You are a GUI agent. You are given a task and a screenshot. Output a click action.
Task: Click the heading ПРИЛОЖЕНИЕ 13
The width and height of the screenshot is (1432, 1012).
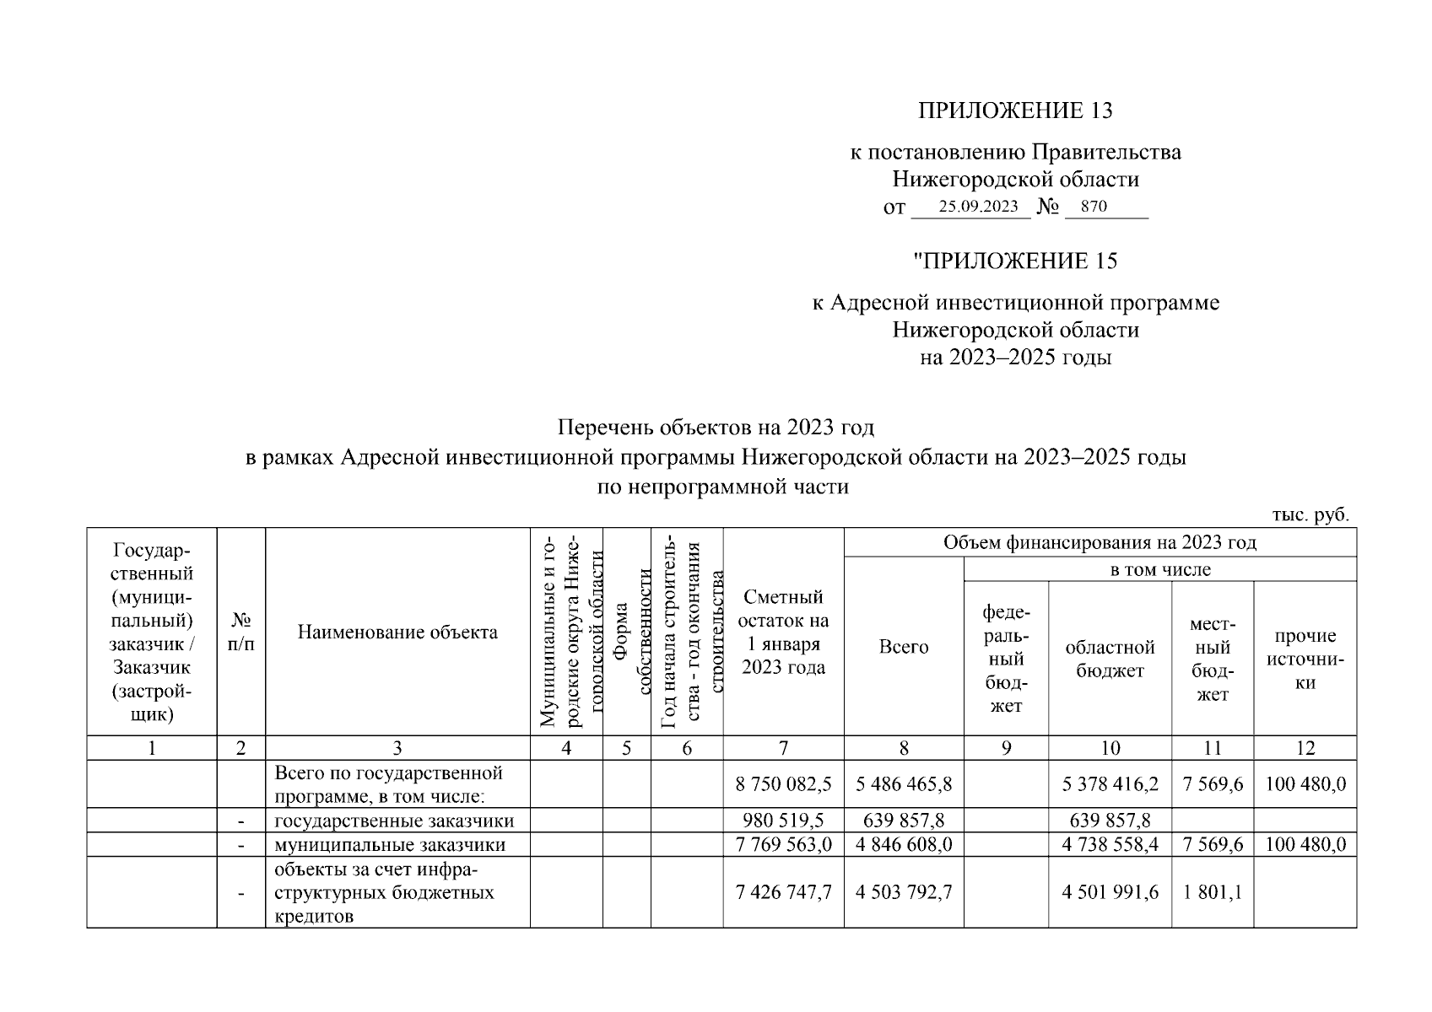click(1015, 110)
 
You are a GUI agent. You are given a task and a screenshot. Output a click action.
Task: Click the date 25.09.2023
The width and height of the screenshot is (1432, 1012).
click(979, 207)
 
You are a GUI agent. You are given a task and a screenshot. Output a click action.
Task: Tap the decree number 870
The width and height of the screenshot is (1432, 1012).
click(1093, 207)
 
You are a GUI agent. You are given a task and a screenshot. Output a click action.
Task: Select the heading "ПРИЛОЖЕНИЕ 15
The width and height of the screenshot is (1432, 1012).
click(1015, 261)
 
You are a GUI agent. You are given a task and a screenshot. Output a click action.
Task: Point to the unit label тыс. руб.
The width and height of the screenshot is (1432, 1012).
click(1310, 515)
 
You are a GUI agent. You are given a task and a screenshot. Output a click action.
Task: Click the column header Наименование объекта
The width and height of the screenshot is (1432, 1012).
click(397, 632)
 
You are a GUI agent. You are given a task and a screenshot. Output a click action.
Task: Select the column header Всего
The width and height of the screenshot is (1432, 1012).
click(903, 647)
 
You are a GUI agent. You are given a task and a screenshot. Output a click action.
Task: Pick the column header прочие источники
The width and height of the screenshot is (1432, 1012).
click(1305, 659)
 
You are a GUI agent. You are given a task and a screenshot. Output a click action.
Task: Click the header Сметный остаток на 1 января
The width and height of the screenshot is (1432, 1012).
click(783, 632)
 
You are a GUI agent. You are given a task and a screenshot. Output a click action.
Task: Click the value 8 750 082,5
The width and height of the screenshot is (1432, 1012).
click(783, 784)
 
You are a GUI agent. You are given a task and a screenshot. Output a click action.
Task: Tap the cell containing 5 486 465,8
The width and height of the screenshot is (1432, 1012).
click(903, 784)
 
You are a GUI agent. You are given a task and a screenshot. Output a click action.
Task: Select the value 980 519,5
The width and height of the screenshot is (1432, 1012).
click(783, 821)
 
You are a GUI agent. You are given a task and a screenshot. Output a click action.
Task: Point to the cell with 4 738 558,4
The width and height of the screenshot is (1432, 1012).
click(1110, 844)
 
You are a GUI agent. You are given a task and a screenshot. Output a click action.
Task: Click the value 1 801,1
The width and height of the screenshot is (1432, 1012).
click(1212, 892)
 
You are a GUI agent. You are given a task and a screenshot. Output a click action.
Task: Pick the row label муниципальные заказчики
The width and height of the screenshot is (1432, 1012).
click(391, 844)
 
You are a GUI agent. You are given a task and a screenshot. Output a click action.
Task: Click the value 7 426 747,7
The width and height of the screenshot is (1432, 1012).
click(783, 892)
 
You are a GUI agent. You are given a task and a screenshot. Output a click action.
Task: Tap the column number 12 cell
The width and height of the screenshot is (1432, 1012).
click(1305, 748)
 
